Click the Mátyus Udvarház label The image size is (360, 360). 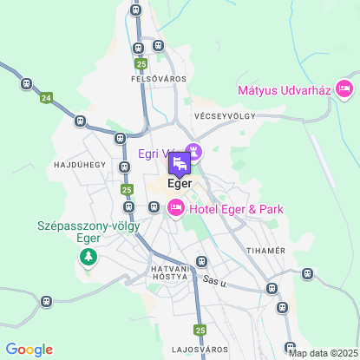pyautogui.click(x=285, y=89)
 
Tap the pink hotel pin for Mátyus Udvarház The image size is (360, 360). pyautogui.click(x=344, y=88)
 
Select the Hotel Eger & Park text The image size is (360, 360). pyautogui.click(x=236, y=209)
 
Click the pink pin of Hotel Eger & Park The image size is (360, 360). pyautogui.click(x=175, y=206)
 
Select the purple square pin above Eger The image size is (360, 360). pyautogui.click(x=179, y=163)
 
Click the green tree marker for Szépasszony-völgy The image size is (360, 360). pyautogui.click(x=88, y=257)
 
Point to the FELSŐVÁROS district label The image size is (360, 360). pyautogui.click(x=153, y=79)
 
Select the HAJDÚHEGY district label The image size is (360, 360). pyautogui.click(x=80, y=164)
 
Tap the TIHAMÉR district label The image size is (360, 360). pyautogui.click(x=267, y=251)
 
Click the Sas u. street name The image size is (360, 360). pyautogui.click(x=213, y=282)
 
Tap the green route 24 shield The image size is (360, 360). pyautogui.click(x=46, y=99)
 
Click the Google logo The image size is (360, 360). pyautogui.click(x=29, y=349)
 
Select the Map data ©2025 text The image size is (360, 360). pyautogui.click(x=322, y=352)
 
